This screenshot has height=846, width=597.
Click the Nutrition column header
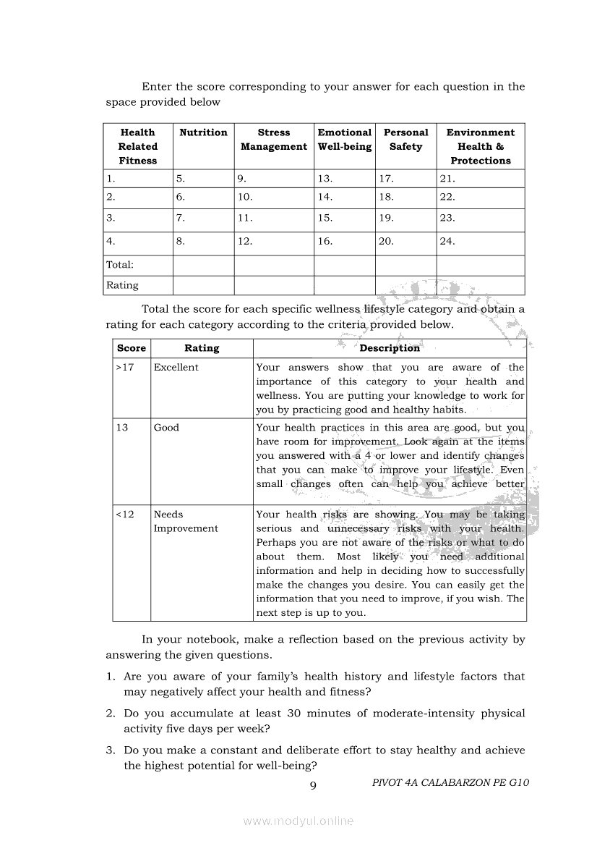(203, 132)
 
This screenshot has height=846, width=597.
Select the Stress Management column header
(274, 140)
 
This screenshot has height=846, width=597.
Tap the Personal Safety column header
(405, 140)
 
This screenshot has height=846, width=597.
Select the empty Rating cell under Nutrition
(203, 285)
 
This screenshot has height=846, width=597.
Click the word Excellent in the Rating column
(176, 368)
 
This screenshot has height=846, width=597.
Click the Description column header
(390, 348)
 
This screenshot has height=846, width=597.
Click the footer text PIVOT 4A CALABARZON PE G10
(451, 782)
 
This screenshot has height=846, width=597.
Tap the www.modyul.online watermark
(298, 821)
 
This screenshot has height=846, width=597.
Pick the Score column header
(132, 348)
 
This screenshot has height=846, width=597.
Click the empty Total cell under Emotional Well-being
(344, 265)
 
